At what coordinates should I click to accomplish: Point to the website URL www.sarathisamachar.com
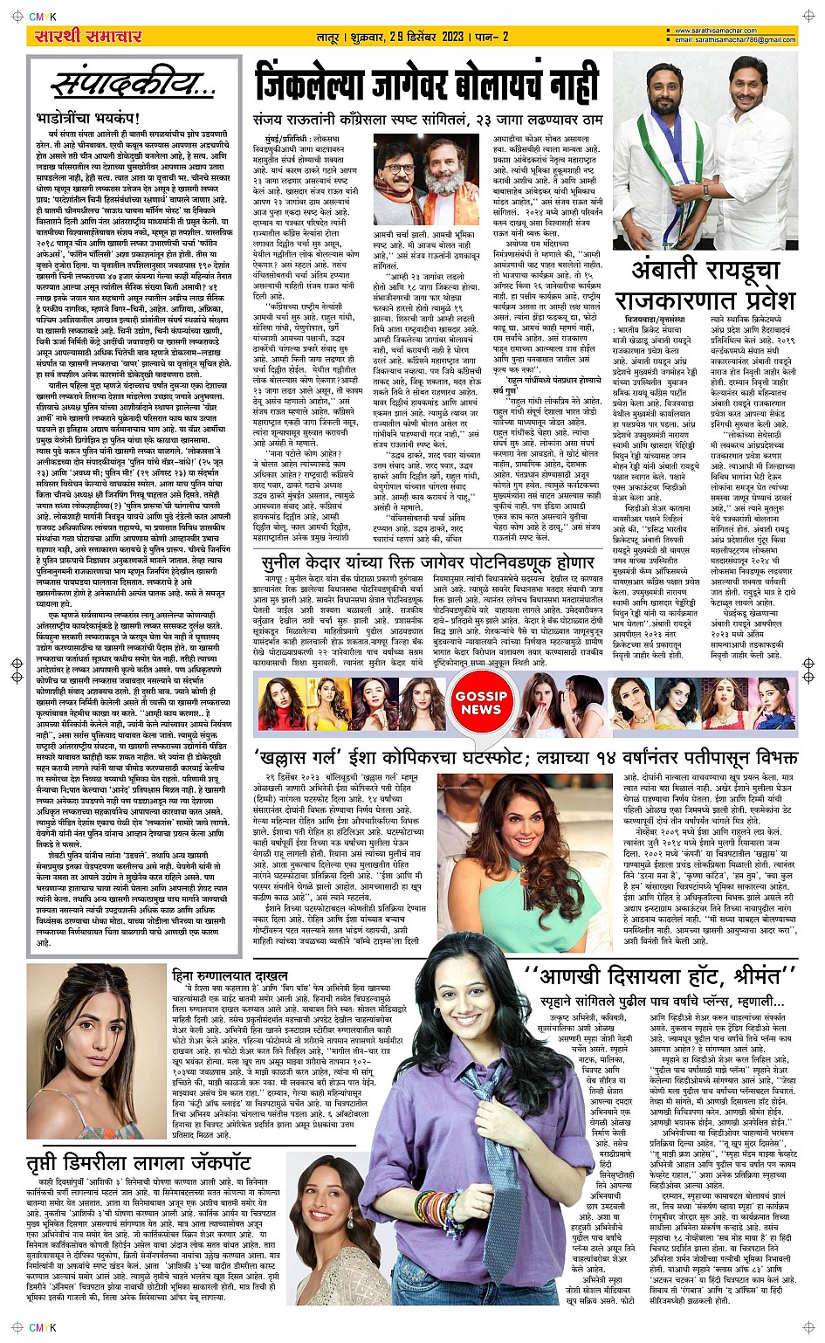747,31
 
